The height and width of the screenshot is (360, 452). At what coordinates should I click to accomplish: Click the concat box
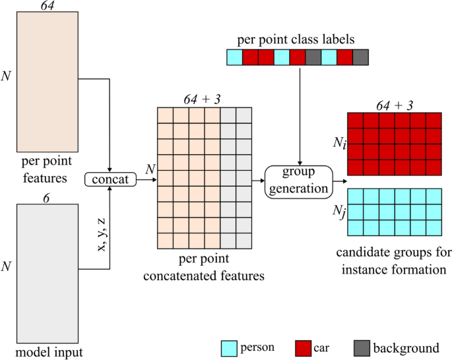pos(110,179)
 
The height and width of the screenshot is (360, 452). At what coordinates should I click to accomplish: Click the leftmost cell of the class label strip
pos(234,57)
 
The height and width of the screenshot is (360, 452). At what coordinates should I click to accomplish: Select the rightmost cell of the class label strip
pos(360,57)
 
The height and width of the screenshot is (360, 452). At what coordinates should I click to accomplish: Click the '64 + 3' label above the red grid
pos(394,104)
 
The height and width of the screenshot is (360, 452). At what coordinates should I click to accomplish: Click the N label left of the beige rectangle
pos(6,76)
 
